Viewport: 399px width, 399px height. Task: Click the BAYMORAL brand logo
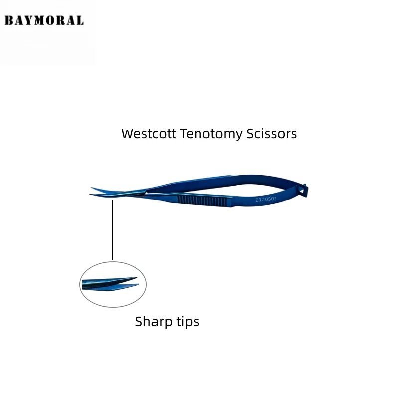[44, 21]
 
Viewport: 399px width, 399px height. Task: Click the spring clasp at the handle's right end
[303, 190]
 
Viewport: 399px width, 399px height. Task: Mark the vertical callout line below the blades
[112, 229]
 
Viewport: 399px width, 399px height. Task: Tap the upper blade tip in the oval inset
[135, 278]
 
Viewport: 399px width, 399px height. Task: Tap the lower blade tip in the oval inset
[137, 285]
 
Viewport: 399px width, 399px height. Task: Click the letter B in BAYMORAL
[8, 21]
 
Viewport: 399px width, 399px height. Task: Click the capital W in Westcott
[128, 134]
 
